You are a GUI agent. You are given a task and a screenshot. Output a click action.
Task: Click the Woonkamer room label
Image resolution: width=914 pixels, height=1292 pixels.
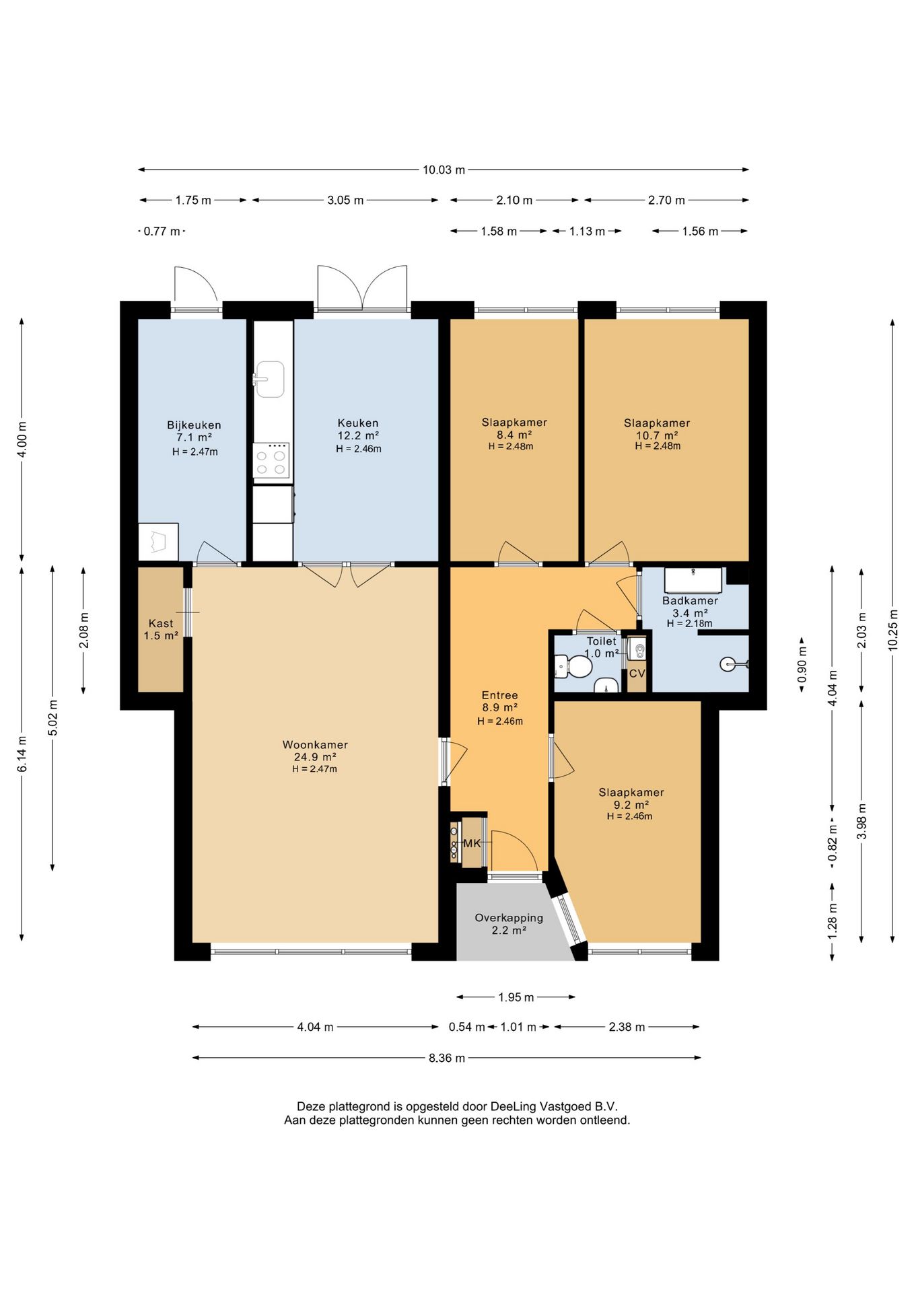315,745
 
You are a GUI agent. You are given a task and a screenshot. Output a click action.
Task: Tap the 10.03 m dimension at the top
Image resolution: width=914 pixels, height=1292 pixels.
444,170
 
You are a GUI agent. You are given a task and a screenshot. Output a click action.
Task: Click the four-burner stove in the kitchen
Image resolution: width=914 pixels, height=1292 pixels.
271,460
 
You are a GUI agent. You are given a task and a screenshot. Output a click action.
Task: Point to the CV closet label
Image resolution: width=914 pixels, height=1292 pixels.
637,674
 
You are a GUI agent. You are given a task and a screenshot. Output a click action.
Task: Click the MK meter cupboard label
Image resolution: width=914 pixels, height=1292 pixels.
472,843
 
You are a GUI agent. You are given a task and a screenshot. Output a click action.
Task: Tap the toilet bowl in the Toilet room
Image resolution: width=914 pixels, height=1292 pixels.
573,667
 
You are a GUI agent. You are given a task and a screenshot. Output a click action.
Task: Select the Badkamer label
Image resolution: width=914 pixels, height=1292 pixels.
690,600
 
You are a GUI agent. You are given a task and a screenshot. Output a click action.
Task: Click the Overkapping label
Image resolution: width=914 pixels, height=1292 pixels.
509,918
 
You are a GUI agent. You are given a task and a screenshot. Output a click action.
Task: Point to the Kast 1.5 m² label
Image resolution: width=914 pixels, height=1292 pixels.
161,629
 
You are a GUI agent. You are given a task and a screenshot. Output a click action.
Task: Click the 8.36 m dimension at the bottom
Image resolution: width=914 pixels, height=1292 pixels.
447,1058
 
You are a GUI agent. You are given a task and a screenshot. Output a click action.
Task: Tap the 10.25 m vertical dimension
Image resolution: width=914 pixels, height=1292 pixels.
893,630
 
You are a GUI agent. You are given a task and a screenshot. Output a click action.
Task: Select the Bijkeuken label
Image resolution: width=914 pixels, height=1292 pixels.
194,425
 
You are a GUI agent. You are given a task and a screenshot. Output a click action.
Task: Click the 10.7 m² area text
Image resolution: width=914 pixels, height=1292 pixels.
656,435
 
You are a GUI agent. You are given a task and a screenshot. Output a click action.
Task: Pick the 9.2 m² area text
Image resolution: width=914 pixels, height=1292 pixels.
631,805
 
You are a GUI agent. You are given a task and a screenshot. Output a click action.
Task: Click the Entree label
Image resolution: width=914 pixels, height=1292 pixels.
500,695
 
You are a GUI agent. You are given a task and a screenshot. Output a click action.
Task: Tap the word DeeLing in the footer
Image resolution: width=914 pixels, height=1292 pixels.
514,1106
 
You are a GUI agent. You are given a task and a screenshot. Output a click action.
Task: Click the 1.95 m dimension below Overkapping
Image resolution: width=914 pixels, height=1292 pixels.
516,997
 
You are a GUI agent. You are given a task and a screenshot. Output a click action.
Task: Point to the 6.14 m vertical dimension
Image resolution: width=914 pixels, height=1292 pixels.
22,754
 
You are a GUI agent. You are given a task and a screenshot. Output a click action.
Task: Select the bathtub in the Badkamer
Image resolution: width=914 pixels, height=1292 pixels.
693,580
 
